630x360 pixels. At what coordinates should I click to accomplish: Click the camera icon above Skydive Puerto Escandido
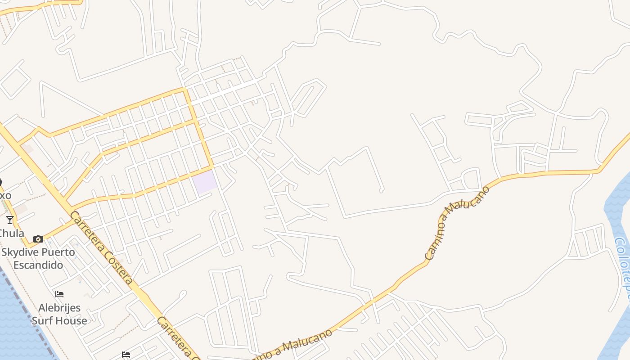click(38, 239)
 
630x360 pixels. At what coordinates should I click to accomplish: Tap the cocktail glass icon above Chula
click(10, 220)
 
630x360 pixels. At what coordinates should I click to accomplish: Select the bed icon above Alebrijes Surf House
click(59, 294)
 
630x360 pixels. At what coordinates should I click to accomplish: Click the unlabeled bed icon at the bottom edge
click(126, 355)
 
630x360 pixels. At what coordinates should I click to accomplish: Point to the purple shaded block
click(205, 182)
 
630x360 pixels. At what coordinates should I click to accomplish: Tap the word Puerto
click(57, 252)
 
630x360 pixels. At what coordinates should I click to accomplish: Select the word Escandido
click(38, 265)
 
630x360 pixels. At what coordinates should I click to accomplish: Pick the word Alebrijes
click(59, 308)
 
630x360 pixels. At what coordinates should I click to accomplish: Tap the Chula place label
click(12, 233)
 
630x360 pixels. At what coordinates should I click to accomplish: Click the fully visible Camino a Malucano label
click(457, 222)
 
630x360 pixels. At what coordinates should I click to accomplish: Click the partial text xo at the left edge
click(5, 196)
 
